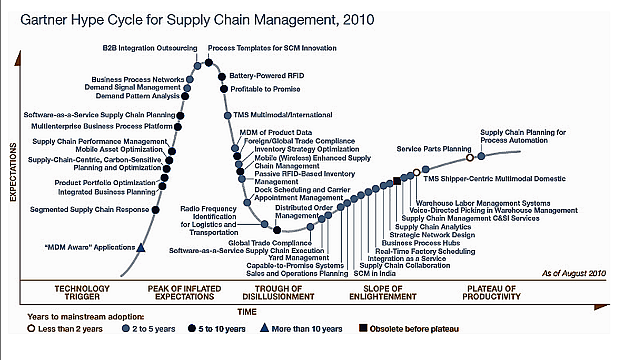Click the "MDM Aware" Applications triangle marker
pyautogui.click(x=141, y=248)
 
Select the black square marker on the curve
pyautogui.click(x=397, y=181)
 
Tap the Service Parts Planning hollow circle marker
pyautogui.click(x=470, y=157)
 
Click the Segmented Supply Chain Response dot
pyautogui.click(x=155, y=209)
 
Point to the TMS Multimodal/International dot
pyautogui.click(x=227, y=115)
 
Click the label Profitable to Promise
pyautogui.click(x=265, y=89)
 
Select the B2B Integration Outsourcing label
pyautogui.click(x=150, y=48)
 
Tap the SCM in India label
pyautogui.click(x=374, y=273)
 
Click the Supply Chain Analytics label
pyautogui.click(x=433, y=227)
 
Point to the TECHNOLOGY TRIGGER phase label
pyautogui.click(x=82, y=293)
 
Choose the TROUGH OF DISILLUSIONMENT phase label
pyautogui.click(x=278, y=293)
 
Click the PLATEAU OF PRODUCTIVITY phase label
pyautogui.click(x=491, y=293)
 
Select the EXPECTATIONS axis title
pyautogui.click(x=13, y=172)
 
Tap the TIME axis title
pyautogui.click(x=247, y=312)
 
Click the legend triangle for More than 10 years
pyautogui.click(x=264, y=328)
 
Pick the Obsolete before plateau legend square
pyautogui.click(x=363, y=328)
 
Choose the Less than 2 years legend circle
pyautogui.click(x=32, y=328)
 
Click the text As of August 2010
pyautogui.click(x=574, y=273)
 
